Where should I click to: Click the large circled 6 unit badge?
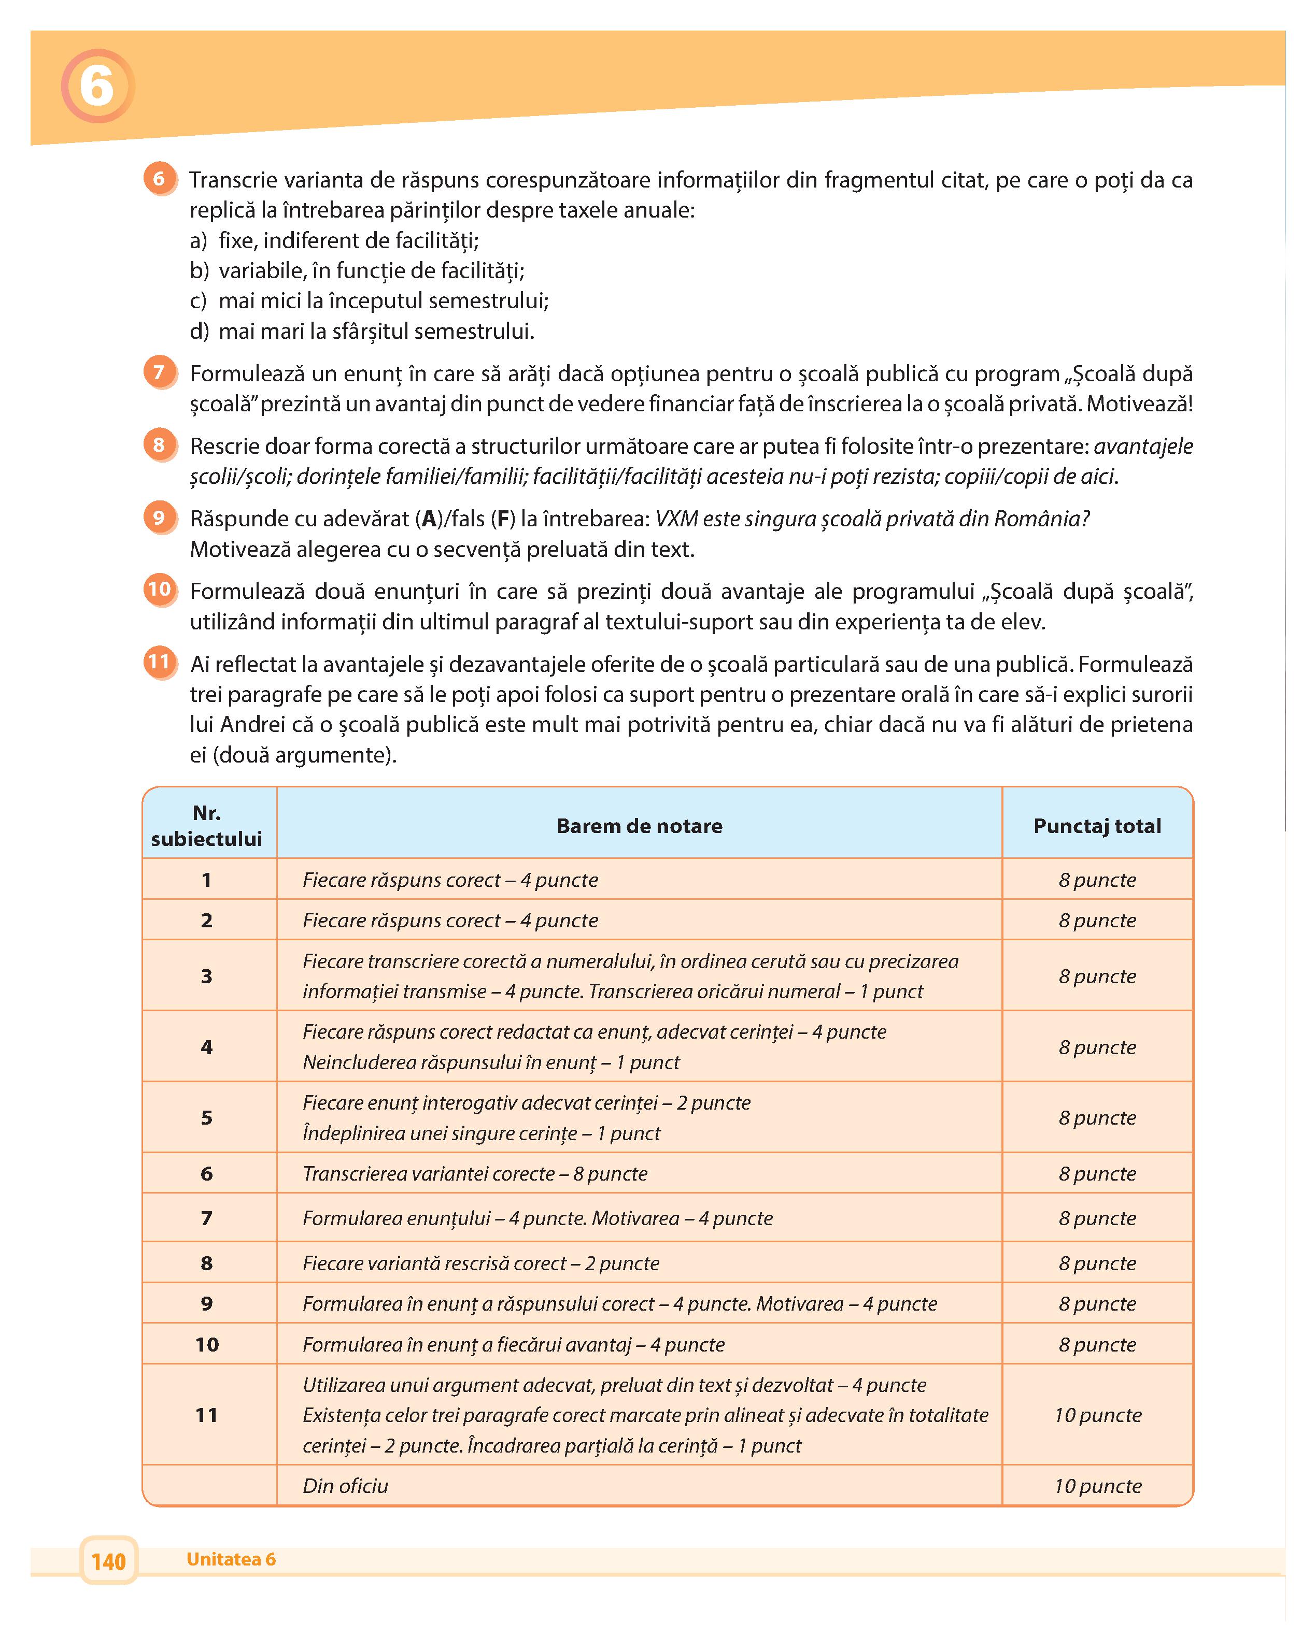pyautogui.click(x=97, y=86)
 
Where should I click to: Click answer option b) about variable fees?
pyautogui.click(x=357, y=270)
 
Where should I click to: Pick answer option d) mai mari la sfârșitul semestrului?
pyautogui.click(x=362, y=331)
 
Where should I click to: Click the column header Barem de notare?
pyautogui.click(x=639, y=825)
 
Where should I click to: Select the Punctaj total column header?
pyautogui.click(x=1097, y=825)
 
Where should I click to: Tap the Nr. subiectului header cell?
pyautogui.click(x=206, y=825)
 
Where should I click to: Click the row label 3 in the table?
pyautogui.click(x=206, y=975)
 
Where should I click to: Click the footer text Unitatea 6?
pyautogui.click(x=231, y=1559)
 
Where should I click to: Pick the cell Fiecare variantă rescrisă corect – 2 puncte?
pyautogui.click(x=480, y=1263)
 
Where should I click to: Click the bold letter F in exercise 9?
pyautogui.click(x=503, y=519)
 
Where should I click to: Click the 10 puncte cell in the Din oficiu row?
pyautogui.click(x=1097, y=1486)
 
